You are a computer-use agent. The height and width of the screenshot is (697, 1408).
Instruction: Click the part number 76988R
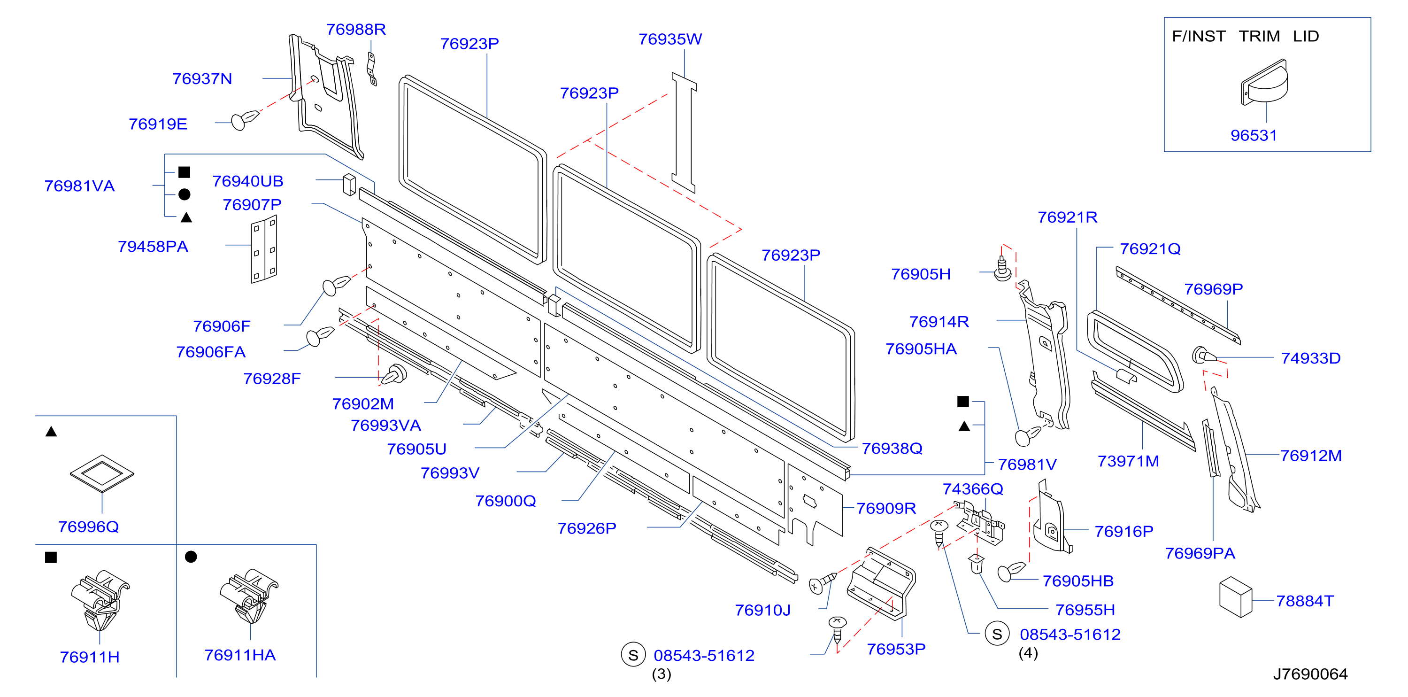point(356,30)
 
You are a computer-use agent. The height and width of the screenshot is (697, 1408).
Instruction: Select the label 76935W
point(670,39)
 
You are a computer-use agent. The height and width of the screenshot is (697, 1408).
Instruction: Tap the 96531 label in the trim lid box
point(1254,136)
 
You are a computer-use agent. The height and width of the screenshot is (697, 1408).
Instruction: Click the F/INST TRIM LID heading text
point(1245,36)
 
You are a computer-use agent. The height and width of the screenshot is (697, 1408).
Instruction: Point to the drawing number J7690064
point(1310,674)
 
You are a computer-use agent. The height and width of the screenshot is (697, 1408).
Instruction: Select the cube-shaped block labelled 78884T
point(1235,596)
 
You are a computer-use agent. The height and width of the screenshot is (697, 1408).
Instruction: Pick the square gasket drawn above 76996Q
point(102,473)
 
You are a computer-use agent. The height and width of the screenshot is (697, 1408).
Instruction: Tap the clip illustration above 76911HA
point(249,596)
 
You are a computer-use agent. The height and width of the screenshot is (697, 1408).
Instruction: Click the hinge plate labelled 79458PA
point(264,249)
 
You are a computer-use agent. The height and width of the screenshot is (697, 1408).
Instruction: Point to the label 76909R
point(886,508)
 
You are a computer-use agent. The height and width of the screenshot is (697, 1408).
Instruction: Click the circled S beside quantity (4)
point(997,634)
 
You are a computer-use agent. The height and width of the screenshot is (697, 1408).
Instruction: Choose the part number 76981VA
point(80,186)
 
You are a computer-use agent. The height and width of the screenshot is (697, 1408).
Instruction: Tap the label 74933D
point(1311,359)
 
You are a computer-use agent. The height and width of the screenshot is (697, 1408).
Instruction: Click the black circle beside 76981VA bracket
point(185,194)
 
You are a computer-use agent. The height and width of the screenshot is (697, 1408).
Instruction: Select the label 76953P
point(896,650)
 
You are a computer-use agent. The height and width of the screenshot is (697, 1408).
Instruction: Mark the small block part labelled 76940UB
point(349,184)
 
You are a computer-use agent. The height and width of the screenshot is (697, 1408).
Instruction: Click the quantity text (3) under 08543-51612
point(662,674)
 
